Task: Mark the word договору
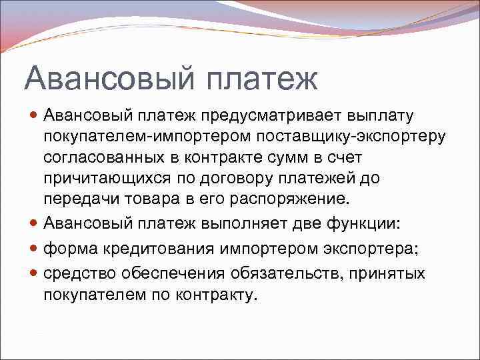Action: click(255, 179)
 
